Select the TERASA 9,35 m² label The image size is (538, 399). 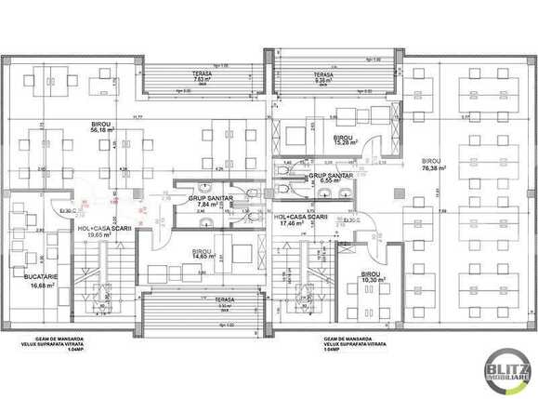coord(324,77)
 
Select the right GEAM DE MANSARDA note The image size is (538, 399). coord(353,345)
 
